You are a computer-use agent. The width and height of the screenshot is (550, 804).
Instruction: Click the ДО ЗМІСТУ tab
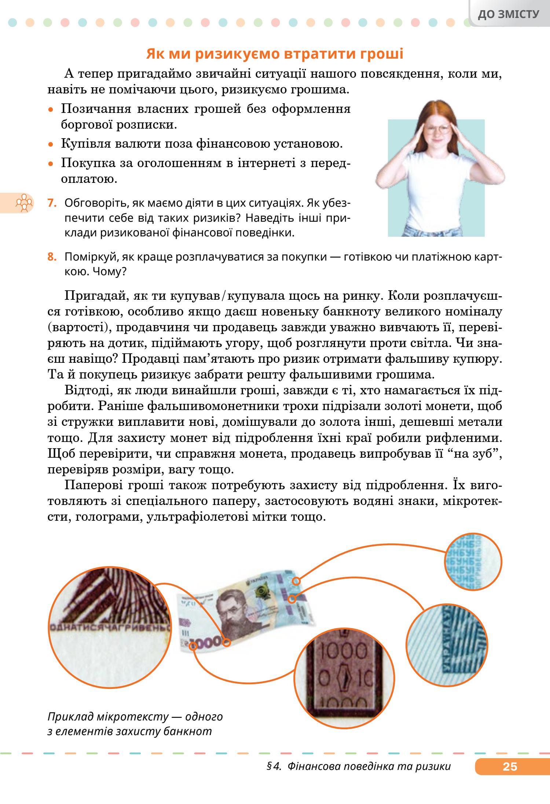509,14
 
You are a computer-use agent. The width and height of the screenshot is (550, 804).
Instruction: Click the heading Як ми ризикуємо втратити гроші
275,54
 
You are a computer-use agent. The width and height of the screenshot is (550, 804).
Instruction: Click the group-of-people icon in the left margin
23,203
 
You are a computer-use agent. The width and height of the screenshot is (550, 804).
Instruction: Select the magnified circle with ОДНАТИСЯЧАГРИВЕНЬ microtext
110,629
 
